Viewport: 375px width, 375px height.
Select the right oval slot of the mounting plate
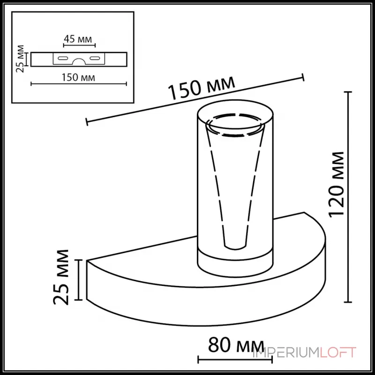[x=95, y=59]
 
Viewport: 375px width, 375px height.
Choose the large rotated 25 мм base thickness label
[x=62, y=277]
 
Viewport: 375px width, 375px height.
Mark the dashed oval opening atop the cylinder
[x=233, y=125]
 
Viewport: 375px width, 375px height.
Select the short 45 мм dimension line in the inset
[x=79, y=45]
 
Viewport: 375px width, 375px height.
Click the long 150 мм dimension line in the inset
[x=79, y=84]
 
